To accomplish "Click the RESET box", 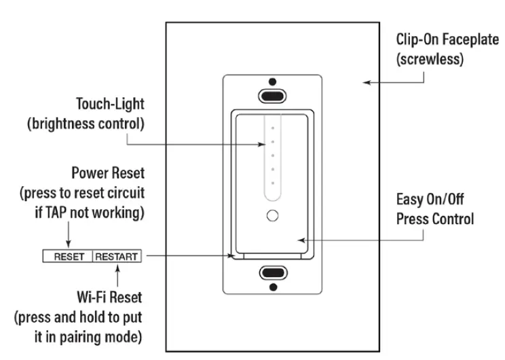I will pos(68,257).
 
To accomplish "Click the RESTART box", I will pos(117,257).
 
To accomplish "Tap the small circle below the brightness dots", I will pos(273,216).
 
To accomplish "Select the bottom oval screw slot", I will pos(273,273).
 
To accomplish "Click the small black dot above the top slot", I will pos(273,79).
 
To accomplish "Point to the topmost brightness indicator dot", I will pos(273,127).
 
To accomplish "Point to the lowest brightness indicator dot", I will pos(273,183).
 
